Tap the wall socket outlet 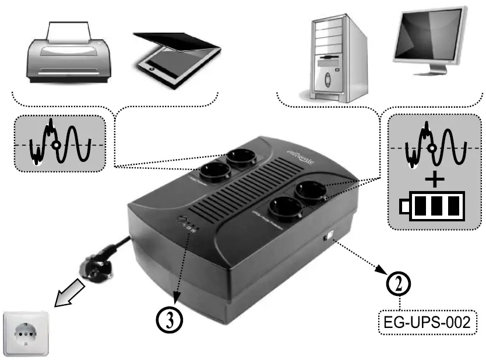pyautogui.click(x=26, y=333)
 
